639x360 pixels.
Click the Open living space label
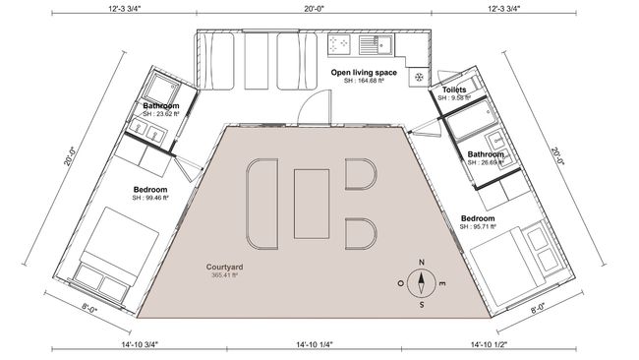click(x=363, y=73)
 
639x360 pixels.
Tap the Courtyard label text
click(x=224, y=268)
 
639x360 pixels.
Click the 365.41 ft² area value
click(x=224, y=276)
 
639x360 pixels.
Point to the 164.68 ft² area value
click(x=364, y=82)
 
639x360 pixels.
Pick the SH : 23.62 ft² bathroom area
click(x=161, y=114)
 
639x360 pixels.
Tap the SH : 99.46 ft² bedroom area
click(x=150, y=198)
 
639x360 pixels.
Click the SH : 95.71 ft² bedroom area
click(x=478, y=227)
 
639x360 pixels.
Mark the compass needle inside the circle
click(x=421, y=283)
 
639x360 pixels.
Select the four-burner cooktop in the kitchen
click(x=341, y=44)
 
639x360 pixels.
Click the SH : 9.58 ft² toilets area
click(x=455, y=98)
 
